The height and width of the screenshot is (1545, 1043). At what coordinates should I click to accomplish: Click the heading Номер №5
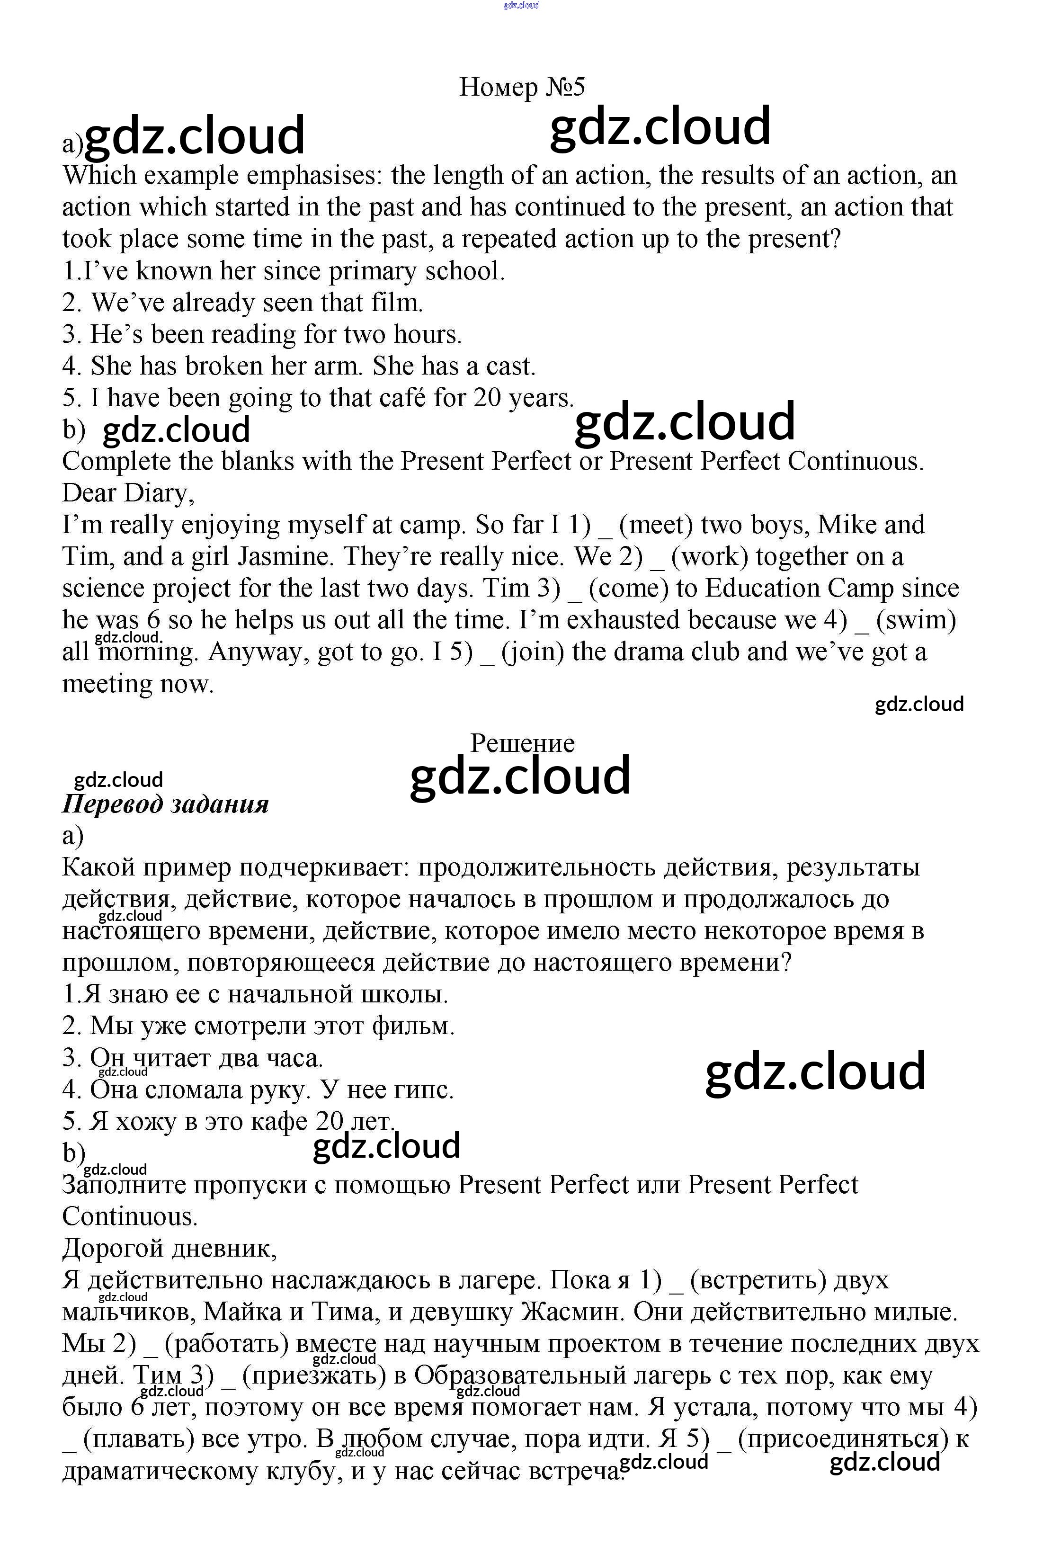(x=522, y=87)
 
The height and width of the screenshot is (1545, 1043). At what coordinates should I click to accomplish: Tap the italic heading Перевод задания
(x=166, y=804)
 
